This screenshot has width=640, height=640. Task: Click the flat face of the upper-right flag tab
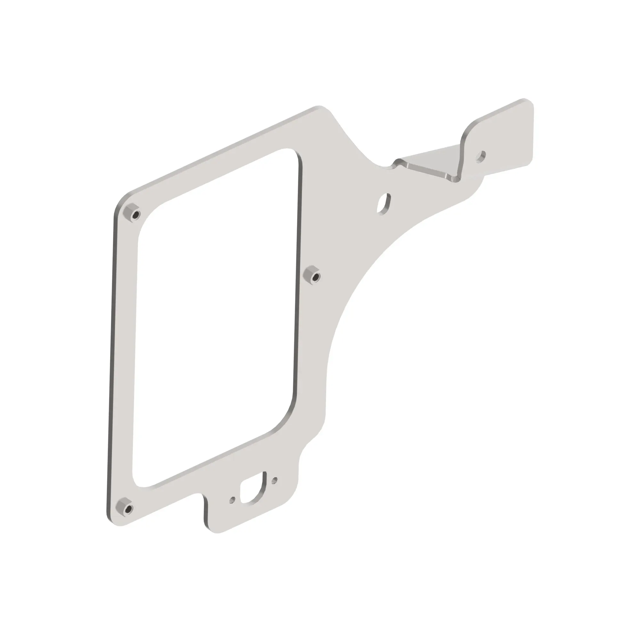(x=507, y=136)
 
